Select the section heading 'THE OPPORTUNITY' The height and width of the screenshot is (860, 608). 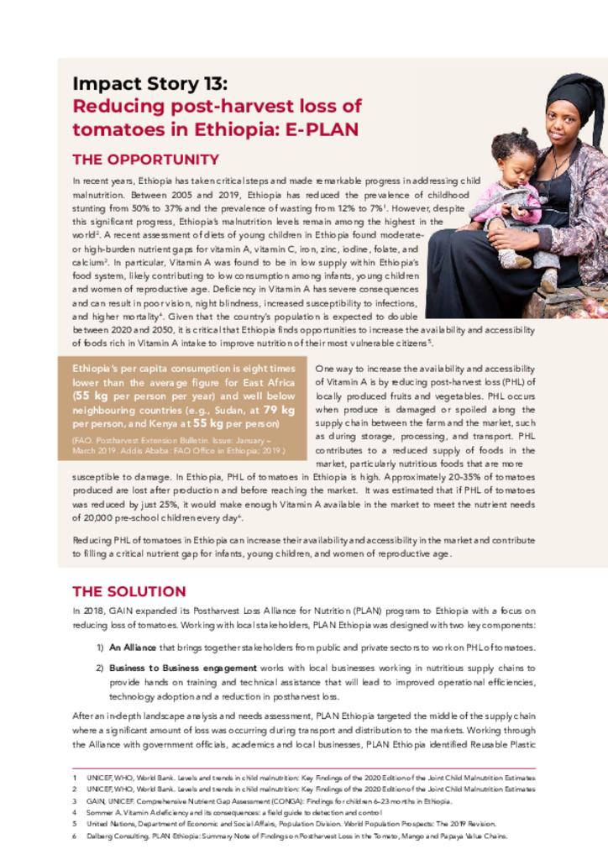tap(145, 160)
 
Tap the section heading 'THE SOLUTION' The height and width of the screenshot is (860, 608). tap(128, 591)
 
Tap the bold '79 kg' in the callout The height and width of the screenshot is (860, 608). tap(279, 410)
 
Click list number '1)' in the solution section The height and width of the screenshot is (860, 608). tap(99, 648)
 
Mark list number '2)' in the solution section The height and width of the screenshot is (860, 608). tap(99, 668)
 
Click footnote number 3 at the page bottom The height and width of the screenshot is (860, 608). tap(75, 801)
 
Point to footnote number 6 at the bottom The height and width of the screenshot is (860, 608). tap(75, 836)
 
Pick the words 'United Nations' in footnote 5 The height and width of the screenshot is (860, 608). tap(110, 825)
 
